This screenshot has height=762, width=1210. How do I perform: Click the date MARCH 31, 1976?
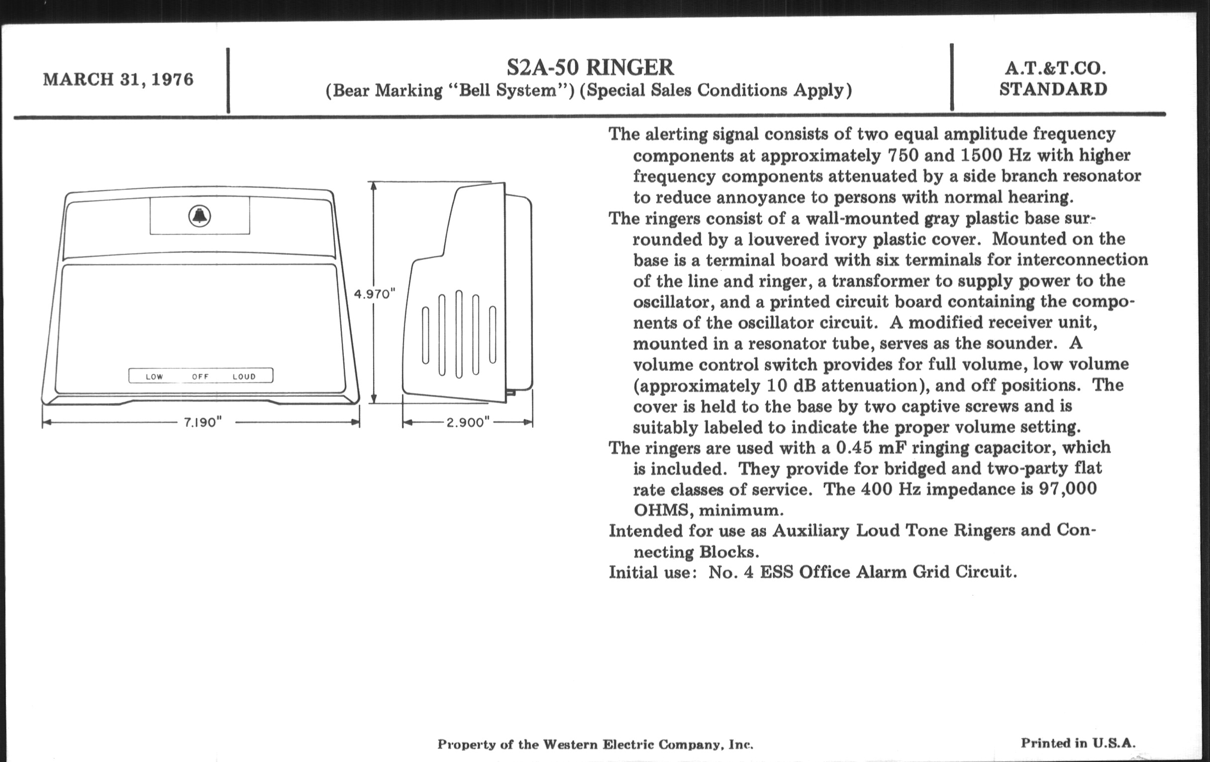118,80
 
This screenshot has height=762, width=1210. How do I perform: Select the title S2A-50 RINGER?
590,67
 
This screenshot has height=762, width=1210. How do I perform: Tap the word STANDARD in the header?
1053,90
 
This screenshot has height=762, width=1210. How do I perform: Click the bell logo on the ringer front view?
200,216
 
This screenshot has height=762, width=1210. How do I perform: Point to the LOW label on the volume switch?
154,376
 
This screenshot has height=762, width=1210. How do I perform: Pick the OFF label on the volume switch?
200,376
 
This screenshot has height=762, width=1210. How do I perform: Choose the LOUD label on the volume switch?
244,376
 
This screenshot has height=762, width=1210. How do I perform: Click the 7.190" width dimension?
202,422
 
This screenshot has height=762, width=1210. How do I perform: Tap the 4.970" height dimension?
375,294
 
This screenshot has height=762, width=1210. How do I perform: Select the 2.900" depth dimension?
468,422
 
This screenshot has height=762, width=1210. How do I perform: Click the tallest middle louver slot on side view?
459,334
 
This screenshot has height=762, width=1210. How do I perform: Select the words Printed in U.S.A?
1078,743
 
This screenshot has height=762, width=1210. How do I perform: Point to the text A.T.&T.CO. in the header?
1053,68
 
